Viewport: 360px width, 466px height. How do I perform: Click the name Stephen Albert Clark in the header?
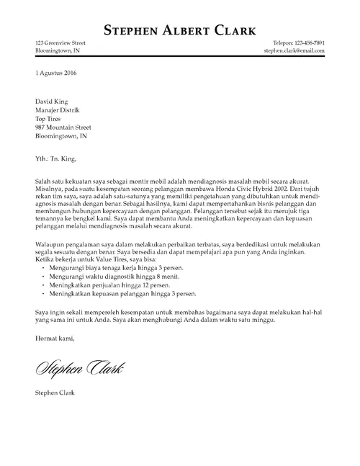179,30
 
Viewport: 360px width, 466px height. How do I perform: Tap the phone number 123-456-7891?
304,43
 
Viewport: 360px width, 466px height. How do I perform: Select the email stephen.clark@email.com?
294,51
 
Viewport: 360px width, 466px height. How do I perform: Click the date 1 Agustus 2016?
56,74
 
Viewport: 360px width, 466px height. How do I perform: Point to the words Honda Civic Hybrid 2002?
247,184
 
